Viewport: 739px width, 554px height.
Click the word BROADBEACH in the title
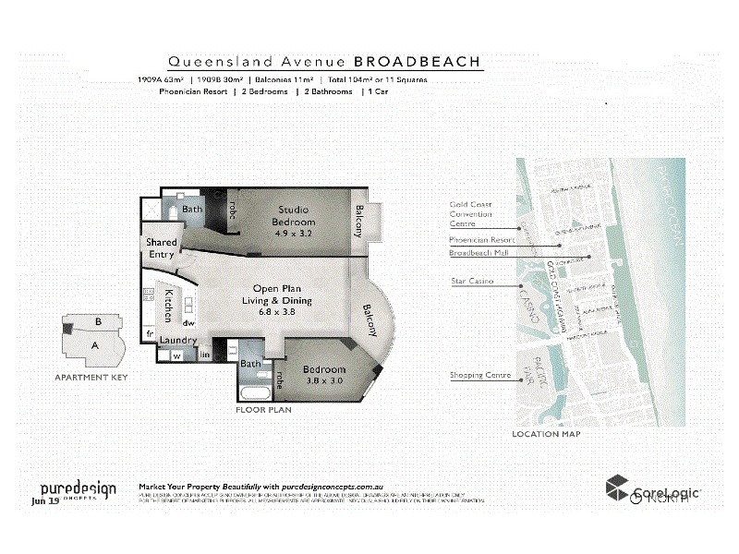[418, 62]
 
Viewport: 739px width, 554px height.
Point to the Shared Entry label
[161, 247]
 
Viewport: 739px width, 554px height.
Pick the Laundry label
[176, 341]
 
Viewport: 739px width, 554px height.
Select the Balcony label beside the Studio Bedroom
[359, 220]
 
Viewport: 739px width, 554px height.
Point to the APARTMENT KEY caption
[91, 378]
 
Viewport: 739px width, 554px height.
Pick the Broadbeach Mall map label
[479, 252]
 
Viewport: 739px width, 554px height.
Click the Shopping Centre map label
[480, 375]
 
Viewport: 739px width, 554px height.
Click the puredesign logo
[78, 490]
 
